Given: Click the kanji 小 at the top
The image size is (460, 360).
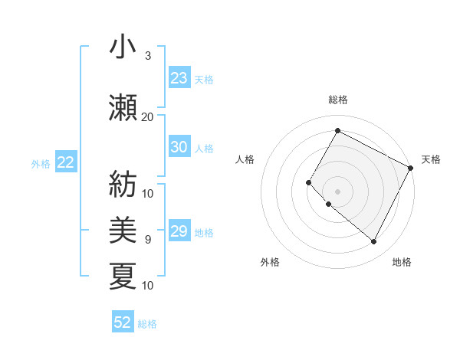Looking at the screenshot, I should [123, 48].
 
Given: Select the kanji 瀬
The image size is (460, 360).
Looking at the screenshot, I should [123, 107].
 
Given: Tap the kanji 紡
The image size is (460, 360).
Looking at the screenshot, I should [123, 185].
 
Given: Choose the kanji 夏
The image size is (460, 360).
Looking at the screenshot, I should [123, 276].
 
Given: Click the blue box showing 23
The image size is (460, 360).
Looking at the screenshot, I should [179, 78].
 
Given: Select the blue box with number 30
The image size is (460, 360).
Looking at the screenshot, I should [179, 148].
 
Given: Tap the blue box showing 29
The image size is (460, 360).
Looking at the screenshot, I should [179, 232].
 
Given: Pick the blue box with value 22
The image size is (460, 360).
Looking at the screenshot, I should [65, 162].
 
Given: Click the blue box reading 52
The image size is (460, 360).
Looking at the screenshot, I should [123, 323].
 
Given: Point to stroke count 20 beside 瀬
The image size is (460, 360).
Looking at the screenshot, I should [147, 116].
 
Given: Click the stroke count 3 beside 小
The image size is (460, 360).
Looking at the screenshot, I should [147, 56].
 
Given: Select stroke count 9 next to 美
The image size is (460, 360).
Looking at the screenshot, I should [147, 240].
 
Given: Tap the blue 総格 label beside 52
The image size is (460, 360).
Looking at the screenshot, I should [147, 324].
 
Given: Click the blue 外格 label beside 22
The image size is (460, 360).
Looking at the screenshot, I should [41, 163].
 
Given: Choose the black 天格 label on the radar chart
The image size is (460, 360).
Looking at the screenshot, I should [431, 159].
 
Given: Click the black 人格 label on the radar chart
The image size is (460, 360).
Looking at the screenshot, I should [245, 159].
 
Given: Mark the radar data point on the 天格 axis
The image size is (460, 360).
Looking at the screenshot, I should [411, 168].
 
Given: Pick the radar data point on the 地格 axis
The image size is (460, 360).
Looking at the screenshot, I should [374, 242].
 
